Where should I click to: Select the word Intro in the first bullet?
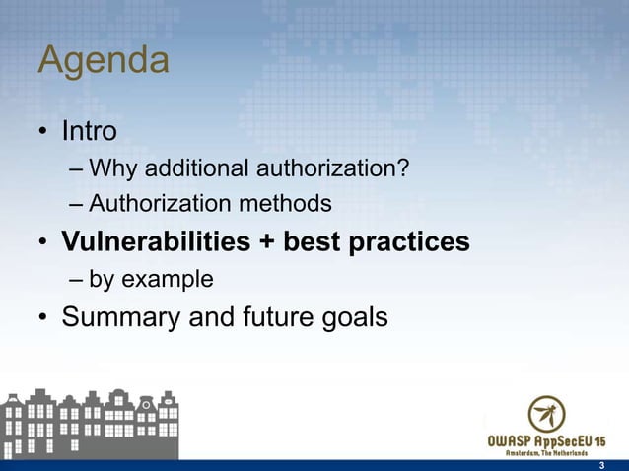pyautogui.click(x=90, y=130)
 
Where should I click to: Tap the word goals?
pyautogui.click(x=353, y=318)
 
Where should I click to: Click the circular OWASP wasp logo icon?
pyautogui.click(x=547, y=414)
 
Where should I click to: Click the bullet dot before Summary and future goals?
pyautogui.click(x=44, y=318)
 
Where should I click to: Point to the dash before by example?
pyautogui.click(x=77, y=280)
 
